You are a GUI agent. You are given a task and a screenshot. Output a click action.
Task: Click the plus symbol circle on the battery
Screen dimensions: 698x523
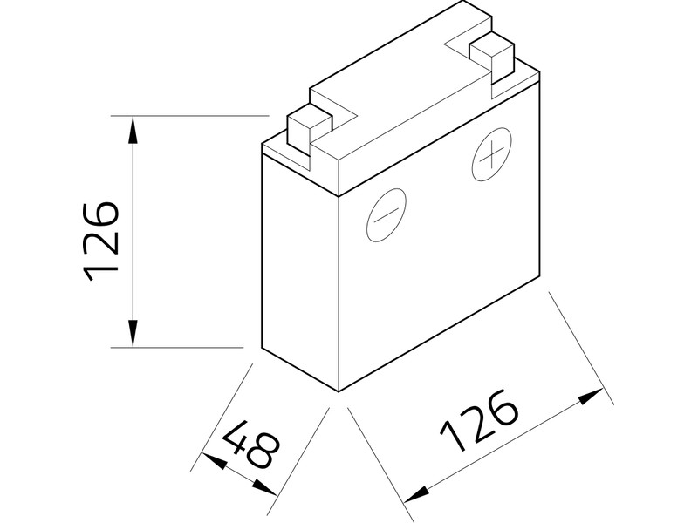point(490,156)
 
